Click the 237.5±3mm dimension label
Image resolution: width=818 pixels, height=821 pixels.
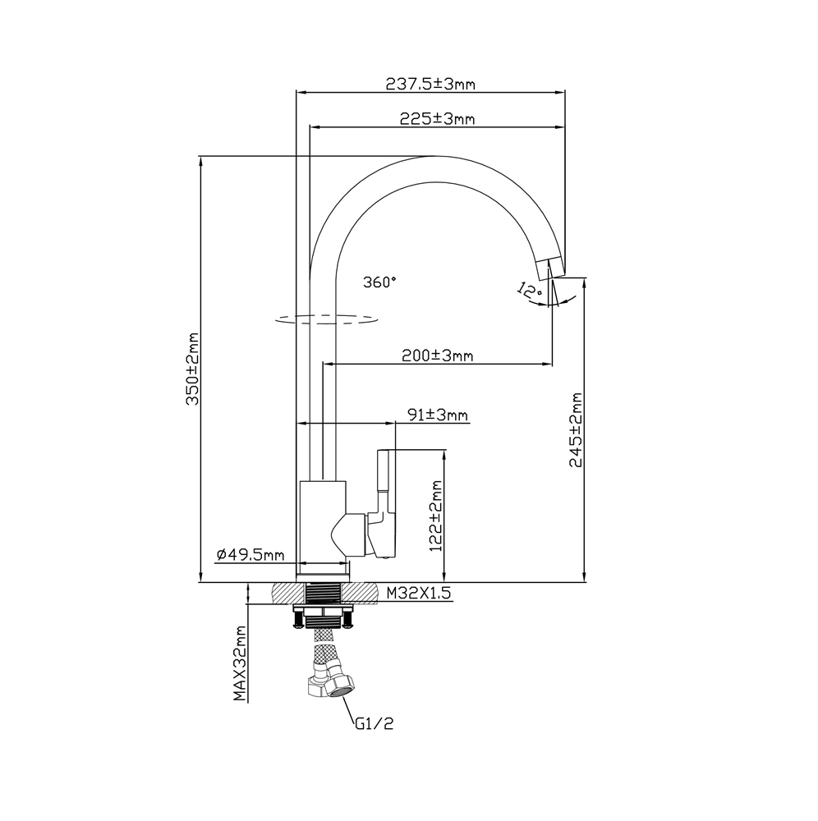(430, 84)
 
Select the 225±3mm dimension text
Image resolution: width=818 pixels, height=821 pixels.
(437, 119)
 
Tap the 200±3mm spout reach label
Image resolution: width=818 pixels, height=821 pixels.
(437, 355)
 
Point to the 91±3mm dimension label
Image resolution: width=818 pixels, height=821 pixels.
(437, 415)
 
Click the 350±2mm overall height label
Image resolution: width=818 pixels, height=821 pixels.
(191, 369)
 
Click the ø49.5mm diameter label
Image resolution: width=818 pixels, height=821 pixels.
(250, 555)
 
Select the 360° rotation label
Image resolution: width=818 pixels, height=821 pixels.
(379, 282)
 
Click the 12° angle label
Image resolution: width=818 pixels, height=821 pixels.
(530, 289)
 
